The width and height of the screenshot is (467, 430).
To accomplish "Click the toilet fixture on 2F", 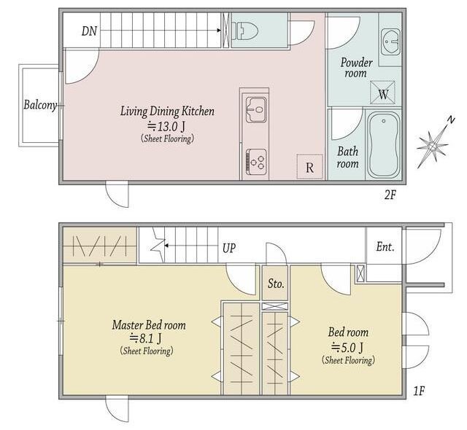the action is tap(245, 31).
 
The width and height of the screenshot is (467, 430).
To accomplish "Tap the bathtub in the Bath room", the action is tap(384, 144).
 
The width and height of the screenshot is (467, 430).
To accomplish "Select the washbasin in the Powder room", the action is tap(390, 42).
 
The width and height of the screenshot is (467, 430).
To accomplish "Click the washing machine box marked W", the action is tap(382, 93).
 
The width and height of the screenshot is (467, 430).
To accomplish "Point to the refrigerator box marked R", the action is tap(309, 167).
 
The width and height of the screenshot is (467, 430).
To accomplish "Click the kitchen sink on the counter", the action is tap(256, 110).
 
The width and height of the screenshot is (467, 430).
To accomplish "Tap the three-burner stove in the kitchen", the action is tap(256, 163).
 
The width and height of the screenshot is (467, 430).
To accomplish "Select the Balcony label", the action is tap(40, 105).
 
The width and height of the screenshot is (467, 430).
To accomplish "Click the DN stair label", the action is tap(89, 31).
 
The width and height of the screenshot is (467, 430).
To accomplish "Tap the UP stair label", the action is tap(229, 248).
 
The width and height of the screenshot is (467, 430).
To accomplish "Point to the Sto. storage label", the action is tap(276, 284).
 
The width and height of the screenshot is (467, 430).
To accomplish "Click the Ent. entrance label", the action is tap(385, 246).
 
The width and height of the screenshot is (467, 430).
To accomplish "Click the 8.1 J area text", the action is tap(146, 338).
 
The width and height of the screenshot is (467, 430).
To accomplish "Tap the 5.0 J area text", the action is tap(347, 347).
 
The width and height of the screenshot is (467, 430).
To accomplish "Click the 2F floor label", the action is tap(390, 195).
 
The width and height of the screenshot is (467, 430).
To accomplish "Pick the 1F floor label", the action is tap(419, 391).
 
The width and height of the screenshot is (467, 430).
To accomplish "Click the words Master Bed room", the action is tap(149, 325).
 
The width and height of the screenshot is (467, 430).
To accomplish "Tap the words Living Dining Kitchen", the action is tap(167, 112).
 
